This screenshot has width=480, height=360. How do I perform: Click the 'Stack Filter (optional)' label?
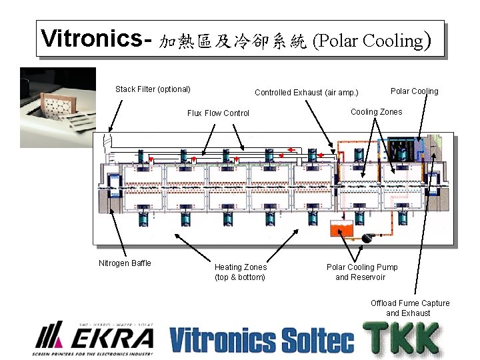[153, 89]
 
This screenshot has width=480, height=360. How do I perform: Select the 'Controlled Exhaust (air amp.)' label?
[306, 93]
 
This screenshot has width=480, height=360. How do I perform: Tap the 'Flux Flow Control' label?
[218, 113]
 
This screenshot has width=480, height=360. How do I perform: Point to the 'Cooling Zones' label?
[376, 112]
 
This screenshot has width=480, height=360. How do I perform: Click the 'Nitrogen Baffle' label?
[125, 263]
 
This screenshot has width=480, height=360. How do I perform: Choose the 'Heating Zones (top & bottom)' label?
[240, 272]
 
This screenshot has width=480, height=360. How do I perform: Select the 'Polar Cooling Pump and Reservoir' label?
[361, 272]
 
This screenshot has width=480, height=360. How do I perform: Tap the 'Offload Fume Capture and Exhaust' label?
[410, 308]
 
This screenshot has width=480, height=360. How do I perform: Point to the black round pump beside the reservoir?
[365, 237]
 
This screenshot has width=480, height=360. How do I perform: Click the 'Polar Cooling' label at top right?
[414, 91]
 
